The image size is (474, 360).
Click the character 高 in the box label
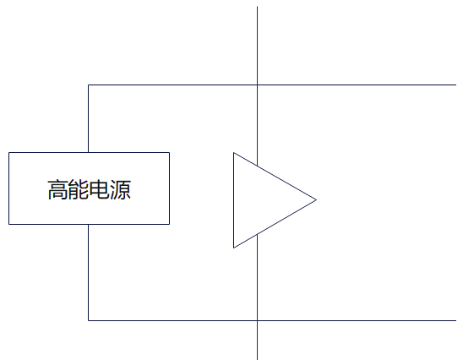tap(57, 189)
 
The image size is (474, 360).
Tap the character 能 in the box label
tap(79, 189)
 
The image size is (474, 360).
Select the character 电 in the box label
tap(100, 189)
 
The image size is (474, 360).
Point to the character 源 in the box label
tap(120, 189)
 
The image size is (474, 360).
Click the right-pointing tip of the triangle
tap(316, 199)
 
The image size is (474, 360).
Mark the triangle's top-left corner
tap(234, 153)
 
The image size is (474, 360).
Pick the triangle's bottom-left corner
tap(234, 248)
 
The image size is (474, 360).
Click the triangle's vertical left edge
tap(234, 200)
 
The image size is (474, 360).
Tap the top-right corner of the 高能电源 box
tap(169, 153)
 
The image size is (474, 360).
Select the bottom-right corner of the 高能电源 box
tap(169, 224)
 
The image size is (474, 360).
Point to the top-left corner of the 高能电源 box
tap(9, 153)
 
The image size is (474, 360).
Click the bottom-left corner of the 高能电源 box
tap(9, 224)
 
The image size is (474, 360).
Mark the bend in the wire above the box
tap(88, 85)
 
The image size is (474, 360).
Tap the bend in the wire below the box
tap(88, 320)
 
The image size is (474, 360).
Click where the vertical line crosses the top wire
tap(257, 85)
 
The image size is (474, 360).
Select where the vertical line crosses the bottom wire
tap(257, 320)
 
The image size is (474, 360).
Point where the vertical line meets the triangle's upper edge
tap(257, 166)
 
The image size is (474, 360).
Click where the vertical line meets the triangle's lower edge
tap(257, 234)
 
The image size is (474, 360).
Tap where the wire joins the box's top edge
tap(88, 153)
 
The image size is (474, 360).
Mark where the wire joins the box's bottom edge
tap(88, 224)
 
